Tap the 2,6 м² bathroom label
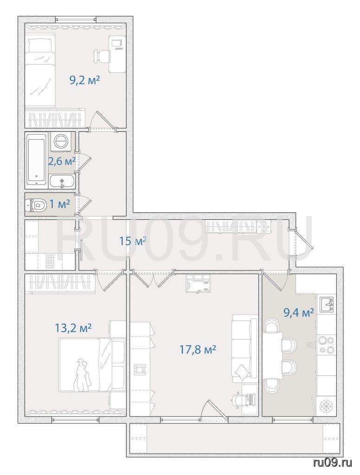pyautogui.click(x=62, y=161)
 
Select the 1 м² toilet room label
pyautogui.click(x=60, y=204)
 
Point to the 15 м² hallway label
pyautogui.click(x=133, y=241)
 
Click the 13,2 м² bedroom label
pyautogui.click(x=73, y=328)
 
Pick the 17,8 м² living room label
pyautogui.click(x=198, y=350)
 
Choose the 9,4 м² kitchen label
pyautogui.click(x=298, y=312)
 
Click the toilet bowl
pyautogui.click(x=35, y=205)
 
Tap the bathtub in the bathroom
pyautogui.click(x=36, y=160)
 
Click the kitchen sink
pyautogui.click(x=326, y=304)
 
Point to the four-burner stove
pyautogui.click(x=326, y=345)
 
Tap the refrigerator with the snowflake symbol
pyautogui.click(x=326, y=405)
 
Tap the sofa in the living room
pyautogui.click(x=244, y=348)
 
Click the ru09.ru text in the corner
pyautogui.click(x=333, y=462)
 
